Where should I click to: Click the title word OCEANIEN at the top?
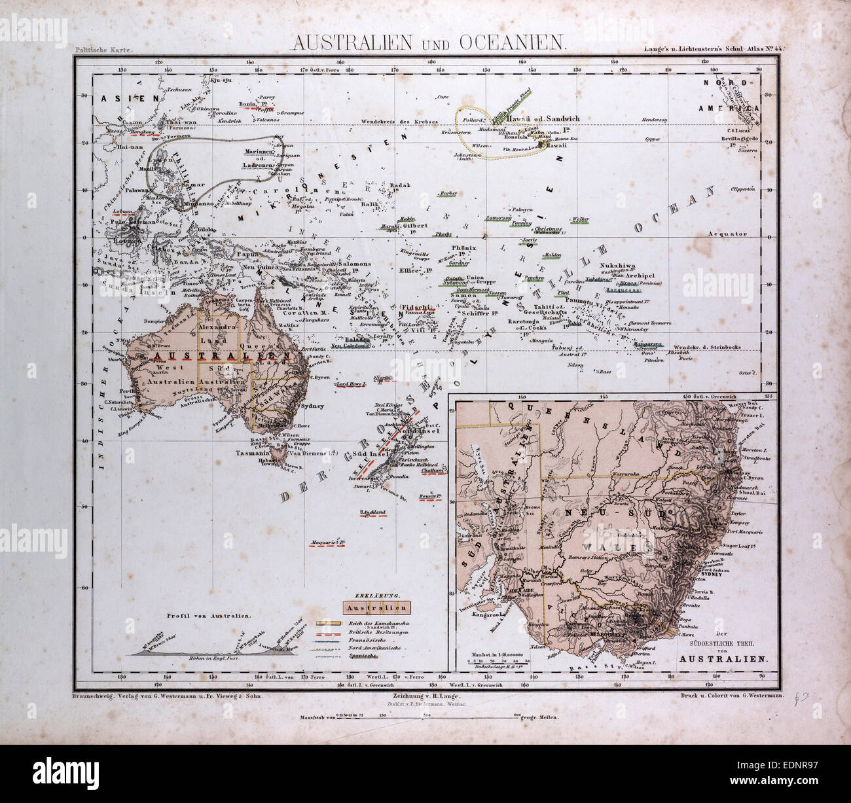(513, 43)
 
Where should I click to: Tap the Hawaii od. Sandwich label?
(543, 118)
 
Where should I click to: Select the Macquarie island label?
(327, 542)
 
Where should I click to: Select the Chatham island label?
(433, 470)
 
